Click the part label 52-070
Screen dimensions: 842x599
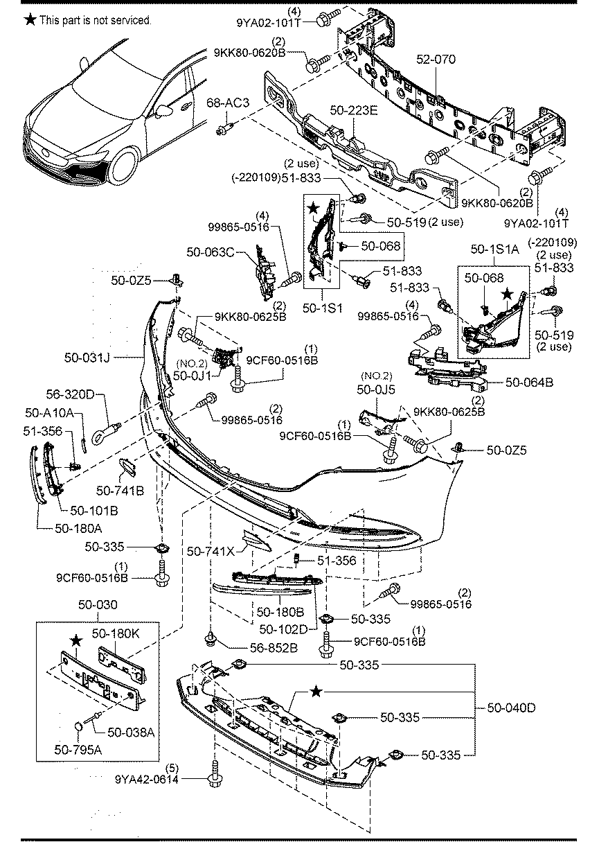pos(436,60)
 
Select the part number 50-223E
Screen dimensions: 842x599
pos(353,110)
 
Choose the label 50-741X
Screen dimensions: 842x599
pos(211,552)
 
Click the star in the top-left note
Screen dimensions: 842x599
pos(30,20)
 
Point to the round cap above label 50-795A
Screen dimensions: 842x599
pos(80,727)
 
